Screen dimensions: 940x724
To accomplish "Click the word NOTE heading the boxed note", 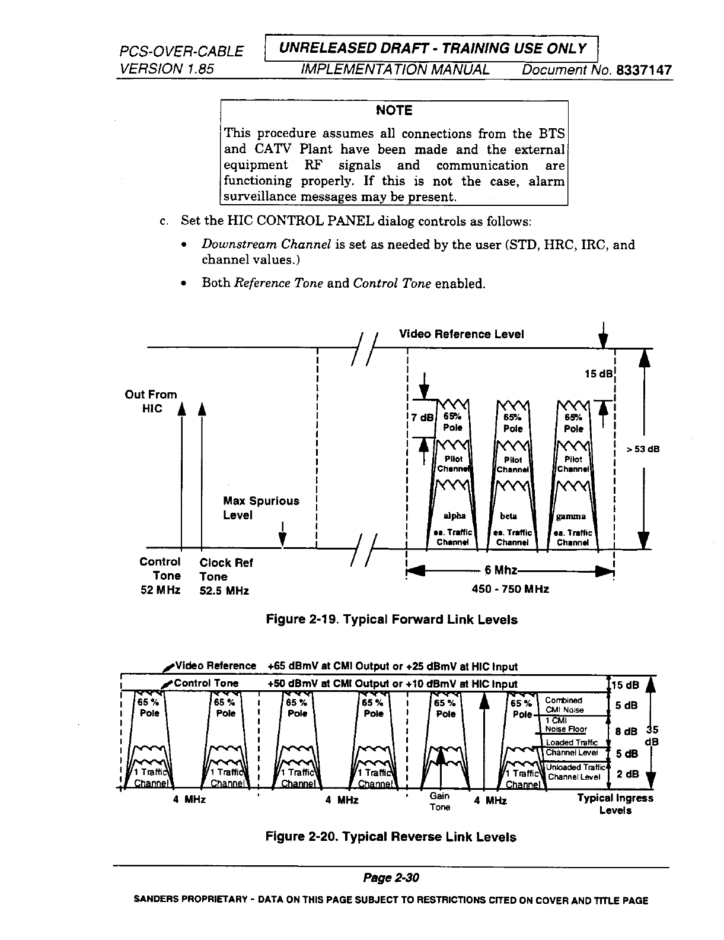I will click(x=394, y=110).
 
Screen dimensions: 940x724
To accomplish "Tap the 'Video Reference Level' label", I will click(x=461, y=334).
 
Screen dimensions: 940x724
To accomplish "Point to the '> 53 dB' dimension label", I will click(x=643, y=449).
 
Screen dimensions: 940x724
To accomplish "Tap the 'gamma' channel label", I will click(x=571, y=516).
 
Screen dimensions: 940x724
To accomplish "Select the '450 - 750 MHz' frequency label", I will click(x=510, y=589).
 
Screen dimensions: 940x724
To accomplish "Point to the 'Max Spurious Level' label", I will click(x=261, y=508).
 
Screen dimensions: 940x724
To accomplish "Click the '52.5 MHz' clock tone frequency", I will click(x=224, y=591).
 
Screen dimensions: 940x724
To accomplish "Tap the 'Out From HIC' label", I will click(x=151, y=401).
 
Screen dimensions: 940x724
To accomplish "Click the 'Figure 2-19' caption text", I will click(x=391, y=620).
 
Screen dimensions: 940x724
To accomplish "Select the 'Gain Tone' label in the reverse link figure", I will click(x=440, y=801).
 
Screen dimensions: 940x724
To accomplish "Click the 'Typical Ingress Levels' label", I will click(x=615, y=804).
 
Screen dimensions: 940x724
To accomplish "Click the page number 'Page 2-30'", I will click(x=391, y=878).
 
